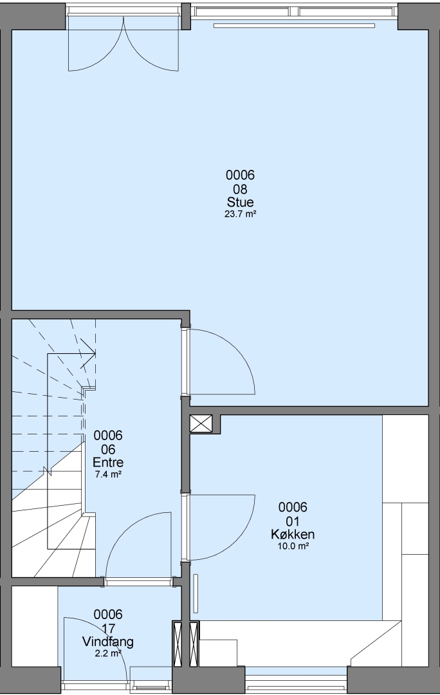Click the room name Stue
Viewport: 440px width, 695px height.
(x=240, y=202)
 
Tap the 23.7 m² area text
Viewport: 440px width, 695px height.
(x=241, y=214)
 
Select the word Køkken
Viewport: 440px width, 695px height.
(x=293, y=534)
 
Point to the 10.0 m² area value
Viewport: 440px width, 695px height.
(x=293, y=546)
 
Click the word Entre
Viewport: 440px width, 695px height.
(x=108, y=462)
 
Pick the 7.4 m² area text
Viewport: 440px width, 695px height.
(x=109, y=474)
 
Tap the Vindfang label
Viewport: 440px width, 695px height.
(x=107, y=642)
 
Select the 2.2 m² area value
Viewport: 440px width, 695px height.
(x=108, y=653)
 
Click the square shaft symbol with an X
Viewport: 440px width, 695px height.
(x=201, y=423)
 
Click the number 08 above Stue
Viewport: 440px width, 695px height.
(x=240, y=189)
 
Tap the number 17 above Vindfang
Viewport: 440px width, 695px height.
(x=108, y=629)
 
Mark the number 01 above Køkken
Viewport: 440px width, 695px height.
(x=293, y=521)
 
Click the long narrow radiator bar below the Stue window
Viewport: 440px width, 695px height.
(x=294, y=26)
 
